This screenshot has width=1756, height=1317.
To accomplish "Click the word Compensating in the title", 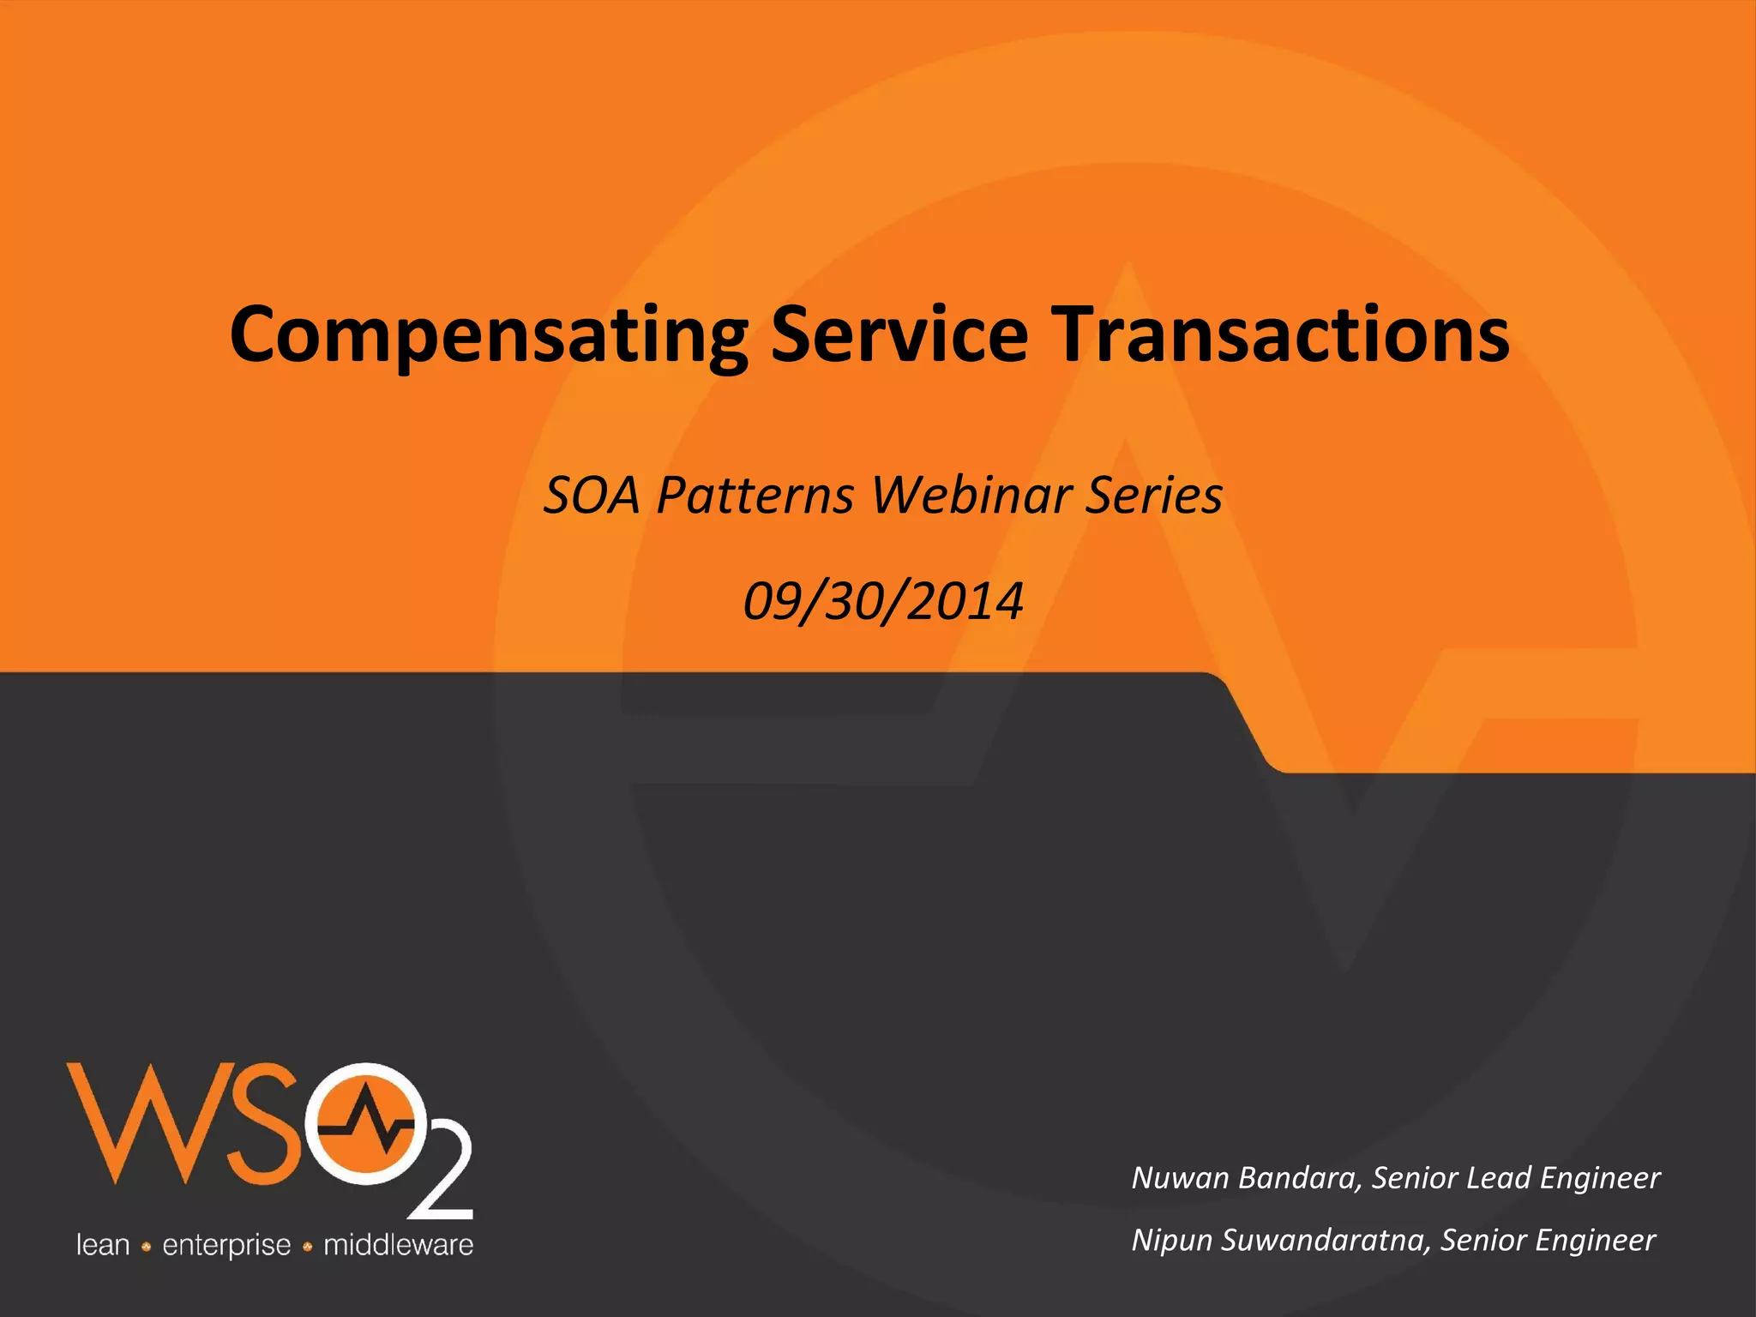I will click(x=489, y=336).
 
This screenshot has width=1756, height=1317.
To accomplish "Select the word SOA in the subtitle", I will click(x=592, y=496).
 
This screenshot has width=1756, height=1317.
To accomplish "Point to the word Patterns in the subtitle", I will click(x=755, y=496).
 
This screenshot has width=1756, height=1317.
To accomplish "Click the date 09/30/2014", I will click(x=883, y=601).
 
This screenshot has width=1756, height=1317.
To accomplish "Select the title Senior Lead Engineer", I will click(x=1516, y=1177).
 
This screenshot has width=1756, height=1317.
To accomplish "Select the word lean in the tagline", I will click(x=103, y=1245).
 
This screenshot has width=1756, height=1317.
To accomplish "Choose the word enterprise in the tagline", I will click(x=226, y=1245).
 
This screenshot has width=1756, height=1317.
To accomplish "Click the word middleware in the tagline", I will click(x=398, y=1245).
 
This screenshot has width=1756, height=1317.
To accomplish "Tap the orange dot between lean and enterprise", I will click(x=146, y=1247).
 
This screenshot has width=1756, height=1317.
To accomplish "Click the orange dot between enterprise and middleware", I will click(x=307, y=1247).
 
